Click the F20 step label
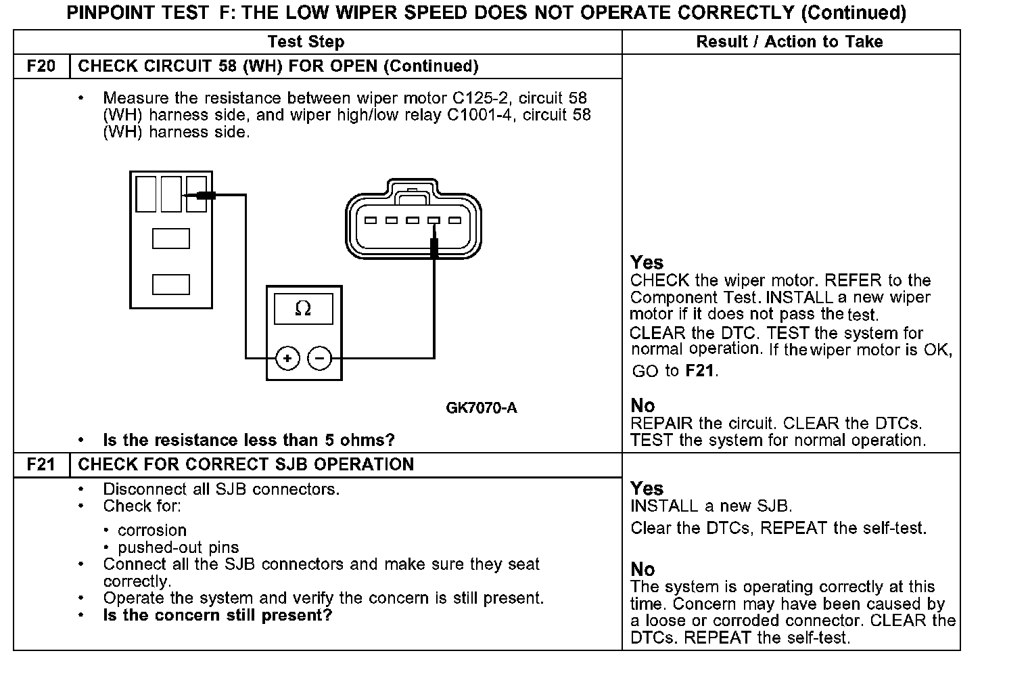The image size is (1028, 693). click(x=41, y=66)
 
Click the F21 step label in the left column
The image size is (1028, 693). click(x=41, y=465)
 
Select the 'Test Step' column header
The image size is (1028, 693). click(x=306, y=42)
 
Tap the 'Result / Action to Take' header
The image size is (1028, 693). click(x=789, y=42)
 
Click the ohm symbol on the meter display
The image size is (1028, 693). click(x=303, y=309)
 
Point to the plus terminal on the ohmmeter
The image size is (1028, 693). click(x=287, y=358)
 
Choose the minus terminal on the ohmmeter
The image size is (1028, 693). click(x=320, y=358)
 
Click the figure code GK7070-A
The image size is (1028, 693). click(x=482, y=408)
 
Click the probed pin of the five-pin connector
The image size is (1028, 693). click(x=434, y=221)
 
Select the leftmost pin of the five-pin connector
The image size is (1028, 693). click(x=371, y=221)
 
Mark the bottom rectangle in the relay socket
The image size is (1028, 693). click(x=170, y=284)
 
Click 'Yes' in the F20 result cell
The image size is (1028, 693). click(x=647, y=263)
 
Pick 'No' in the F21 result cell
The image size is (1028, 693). click(x=642, y=569)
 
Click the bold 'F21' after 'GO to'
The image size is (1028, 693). click(x=699, y=371)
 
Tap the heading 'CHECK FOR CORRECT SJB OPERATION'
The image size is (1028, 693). click(x=246, y=465)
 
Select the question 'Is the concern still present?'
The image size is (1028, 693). click(x=217, y=616)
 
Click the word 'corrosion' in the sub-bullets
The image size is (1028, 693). click(x=151, y=531)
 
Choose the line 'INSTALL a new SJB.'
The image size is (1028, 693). click(x=711, y=506)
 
